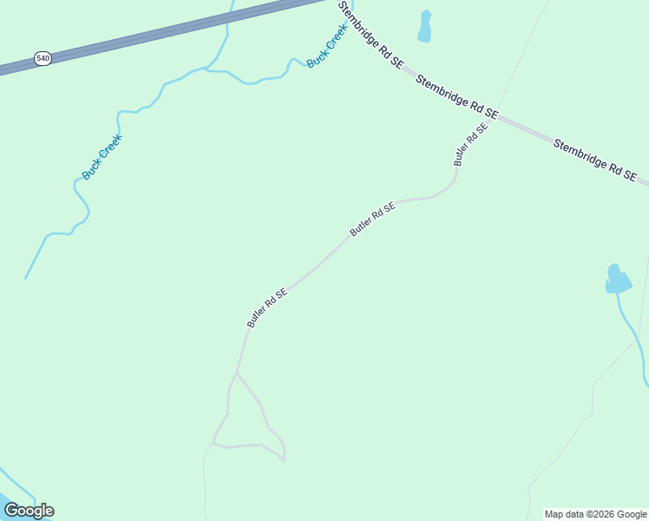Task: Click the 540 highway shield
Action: pyautogui.click(x=43, y=58)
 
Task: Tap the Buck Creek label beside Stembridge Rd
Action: pyautogui.click(x=327, y=45)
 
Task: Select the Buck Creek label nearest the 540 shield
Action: pyautogui.click(x=102, y=156)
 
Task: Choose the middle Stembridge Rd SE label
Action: pyautogui.click(x=456, y=96)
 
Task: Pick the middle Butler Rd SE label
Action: pyautogui.click(x=373, y=219)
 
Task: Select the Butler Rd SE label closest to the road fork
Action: pyautogui.click(x=266, y=308)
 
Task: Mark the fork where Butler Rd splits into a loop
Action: pyautogui.click(x=236, y=374)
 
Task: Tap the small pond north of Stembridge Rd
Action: pyautogui.click(x=424, y=27)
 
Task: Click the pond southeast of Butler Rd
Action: pyautogui.click(x=617, y=280)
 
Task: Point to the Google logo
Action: pyautogui.click(x=29, y=511)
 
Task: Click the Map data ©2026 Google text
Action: pyautogui.click(x=596, y=514)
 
